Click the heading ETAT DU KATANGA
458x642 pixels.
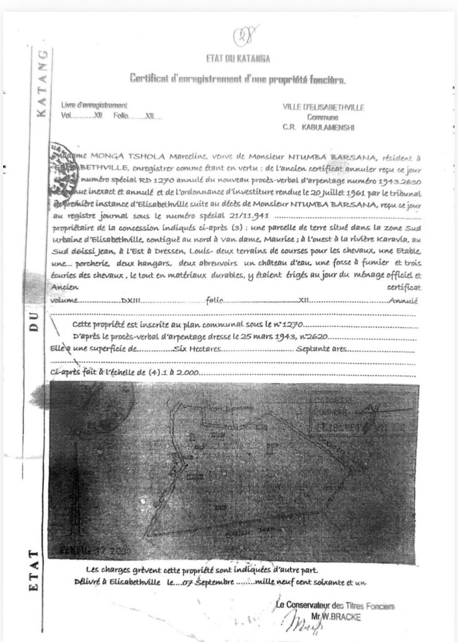click(237, 59)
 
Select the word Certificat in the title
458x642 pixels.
click(150, 78)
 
